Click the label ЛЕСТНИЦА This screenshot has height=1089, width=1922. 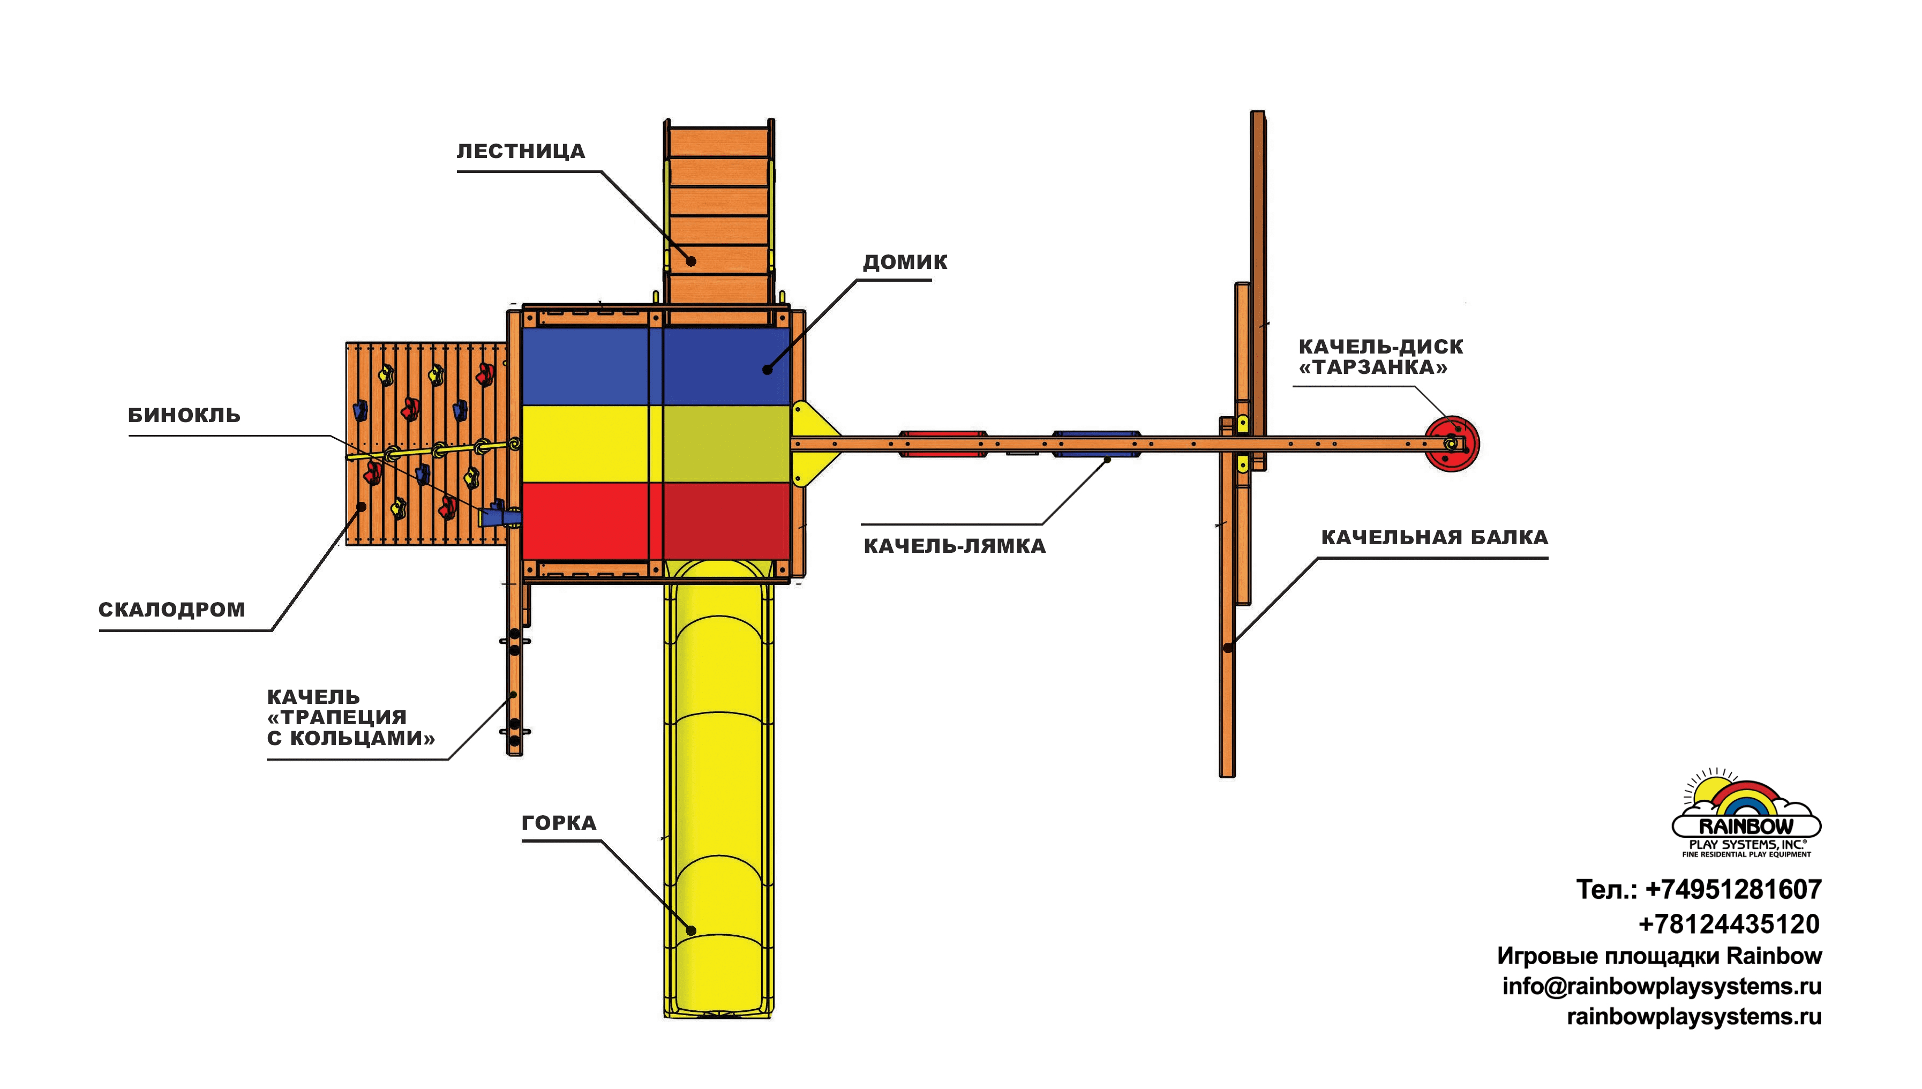[521, 151]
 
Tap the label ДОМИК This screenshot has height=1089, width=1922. [905, 262]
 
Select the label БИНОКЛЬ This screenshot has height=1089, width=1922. [184, 415]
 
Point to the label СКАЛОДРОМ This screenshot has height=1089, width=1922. [172, 610]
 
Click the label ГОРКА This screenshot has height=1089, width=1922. [559, 823]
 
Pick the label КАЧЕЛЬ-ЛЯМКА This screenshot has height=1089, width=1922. [954, 546]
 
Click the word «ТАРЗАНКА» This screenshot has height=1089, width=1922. [1373, 367]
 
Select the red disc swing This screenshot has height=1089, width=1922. [1451, 444]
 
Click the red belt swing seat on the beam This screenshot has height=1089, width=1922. [943, 444]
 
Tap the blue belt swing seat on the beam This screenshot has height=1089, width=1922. [1097, 444]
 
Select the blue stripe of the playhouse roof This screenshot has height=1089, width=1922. [656, 366]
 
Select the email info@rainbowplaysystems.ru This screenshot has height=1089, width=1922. [1662, 987]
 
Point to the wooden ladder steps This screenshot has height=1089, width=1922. [718, 217]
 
